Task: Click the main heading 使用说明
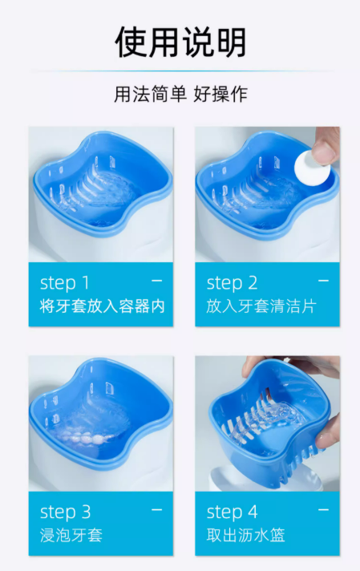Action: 180,42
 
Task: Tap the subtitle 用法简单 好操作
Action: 180,95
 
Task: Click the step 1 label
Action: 64,283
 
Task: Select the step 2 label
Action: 232,283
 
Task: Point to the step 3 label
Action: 65,512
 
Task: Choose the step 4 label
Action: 233,512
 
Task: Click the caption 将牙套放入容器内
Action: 103,306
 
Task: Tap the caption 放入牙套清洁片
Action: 261,306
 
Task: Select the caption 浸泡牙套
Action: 71,536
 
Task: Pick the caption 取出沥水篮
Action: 245,536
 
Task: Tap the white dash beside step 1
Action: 157,281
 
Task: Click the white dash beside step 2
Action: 323,281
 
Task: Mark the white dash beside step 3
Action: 157,510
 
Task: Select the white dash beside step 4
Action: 323,510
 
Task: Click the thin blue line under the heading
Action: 180,71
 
